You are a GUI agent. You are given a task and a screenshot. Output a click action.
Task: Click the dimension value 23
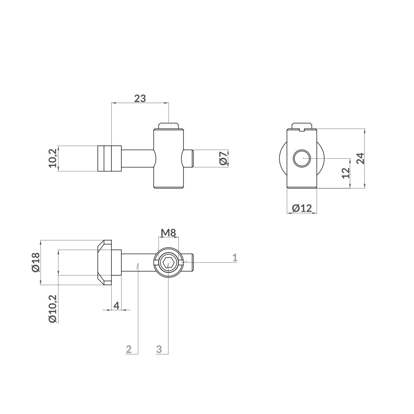click(140, 99)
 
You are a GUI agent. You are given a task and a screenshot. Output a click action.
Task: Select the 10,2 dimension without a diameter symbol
click(52, 158)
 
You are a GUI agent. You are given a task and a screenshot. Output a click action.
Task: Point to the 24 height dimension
click(360, 159)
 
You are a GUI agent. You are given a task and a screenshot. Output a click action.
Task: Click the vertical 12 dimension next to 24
click(347, 173)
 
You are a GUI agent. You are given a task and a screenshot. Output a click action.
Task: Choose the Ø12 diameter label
click(301, 208)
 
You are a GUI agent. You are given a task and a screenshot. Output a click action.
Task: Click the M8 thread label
click(168, 233)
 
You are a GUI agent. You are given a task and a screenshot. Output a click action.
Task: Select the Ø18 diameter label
click(35, 262)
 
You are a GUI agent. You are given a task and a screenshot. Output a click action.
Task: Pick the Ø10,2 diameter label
click(52, 308)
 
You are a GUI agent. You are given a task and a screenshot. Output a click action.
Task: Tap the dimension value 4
click(116, 306)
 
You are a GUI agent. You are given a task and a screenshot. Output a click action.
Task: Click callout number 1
click(234, 258)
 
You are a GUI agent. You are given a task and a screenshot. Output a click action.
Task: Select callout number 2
click(129, 349)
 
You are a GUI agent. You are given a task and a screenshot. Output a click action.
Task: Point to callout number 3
click(159, 349)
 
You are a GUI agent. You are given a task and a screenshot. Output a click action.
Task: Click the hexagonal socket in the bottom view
click(168, 262)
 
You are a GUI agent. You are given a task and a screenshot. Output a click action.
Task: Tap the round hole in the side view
click(301, 159)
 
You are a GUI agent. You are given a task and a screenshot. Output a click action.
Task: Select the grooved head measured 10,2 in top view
click(109, 158)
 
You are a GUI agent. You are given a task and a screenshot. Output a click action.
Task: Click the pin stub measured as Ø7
click(188, 159)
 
